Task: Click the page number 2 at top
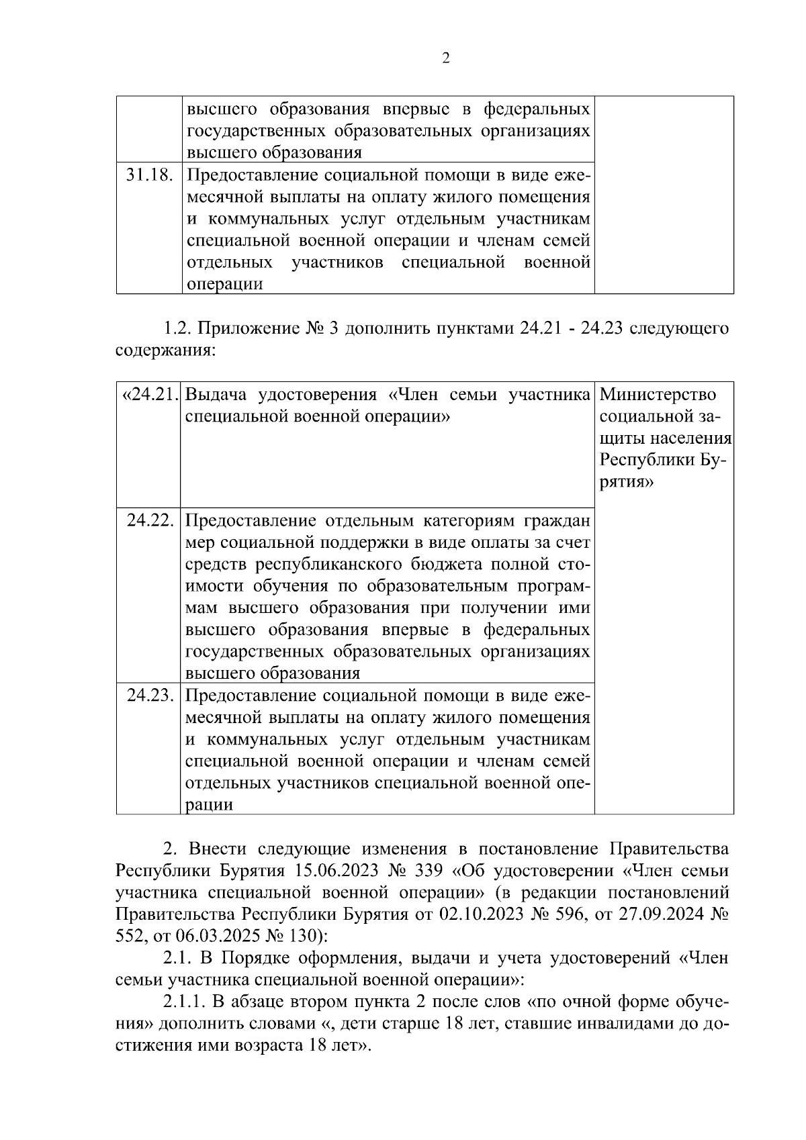pyautogui.click(x=446, y=58)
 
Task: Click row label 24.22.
pyautogui.click(x=150, y=521)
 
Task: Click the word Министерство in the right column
pyautogui.click(x=658, y=395)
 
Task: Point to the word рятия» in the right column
pyautogui.click(x=626, y=482)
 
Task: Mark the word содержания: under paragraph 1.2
pyautogui.click(x=166, y=351)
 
